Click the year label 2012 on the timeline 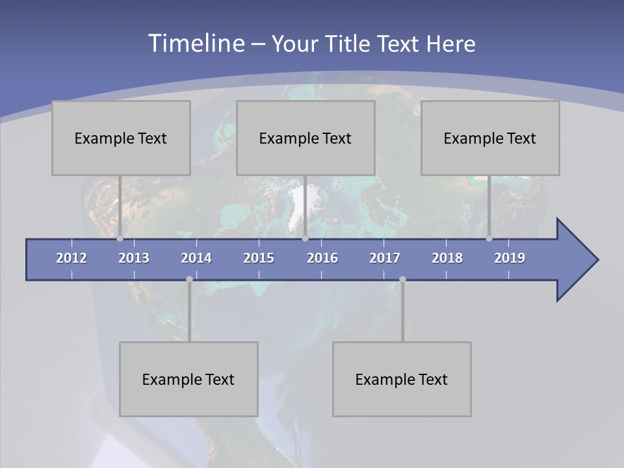click(71, 258)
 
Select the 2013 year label click(134, 258)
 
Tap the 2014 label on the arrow click(196, 258)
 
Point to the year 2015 click(259, 258)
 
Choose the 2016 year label click(322, 258)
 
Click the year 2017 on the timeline click(385, 258)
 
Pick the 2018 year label click(447, 258)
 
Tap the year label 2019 click(510, 258)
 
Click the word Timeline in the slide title click(195, 44)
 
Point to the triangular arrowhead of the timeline click(575, 260)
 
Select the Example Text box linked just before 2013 click(121, 138)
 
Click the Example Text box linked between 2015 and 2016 click(305, 138)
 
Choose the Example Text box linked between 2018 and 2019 click(490, 138)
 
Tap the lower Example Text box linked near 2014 click(188, 379)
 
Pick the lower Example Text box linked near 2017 click(402, 379)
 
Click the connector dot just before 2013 click(120, 239)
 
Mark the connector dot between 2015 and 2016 click(305, 239)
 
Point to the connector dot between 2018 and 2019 click(489, 239)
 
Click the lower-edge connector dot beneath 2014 click(189, 279)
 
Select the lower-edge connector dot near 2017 click(402, 279)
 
